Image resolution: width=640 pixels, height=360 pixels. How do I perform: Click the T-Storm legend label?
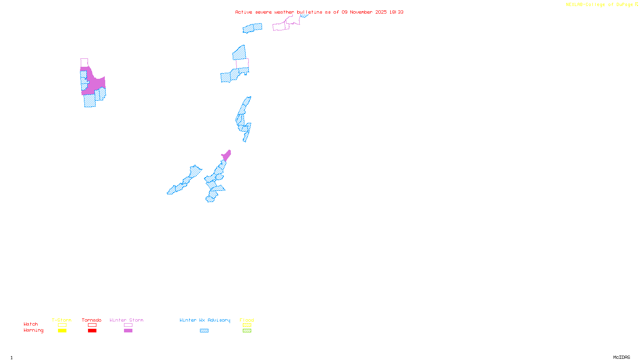(62, 320)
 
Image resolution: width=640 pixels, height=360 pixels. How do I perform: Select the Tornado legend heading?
(92, 320)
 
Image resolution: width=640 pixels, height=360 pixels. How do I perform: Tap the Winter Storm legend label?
(126, 320)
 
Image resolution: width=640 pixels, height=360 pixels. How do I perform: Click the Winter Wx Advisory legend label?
(205, 320)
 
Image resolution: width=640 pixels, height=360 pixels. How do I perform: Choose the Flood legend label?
(247, 320)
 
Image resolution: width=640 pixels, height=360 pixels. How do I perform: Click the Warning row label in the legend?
(33, 330)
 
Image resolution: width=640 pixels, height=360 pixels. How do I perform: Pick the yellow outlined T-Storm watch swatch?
(62, 325)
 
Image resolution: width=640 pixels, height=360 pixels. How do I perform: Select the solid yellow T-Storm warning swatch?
(62, 331)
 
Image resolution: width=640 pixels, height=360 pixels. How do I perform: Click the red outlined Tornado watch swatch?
(92, 325)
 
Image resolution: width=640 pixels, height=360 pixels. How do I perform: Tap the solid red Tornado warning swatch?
(92, 331)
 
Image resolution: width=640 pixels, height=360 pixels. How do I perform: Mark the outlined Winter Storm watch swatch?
(128, 325)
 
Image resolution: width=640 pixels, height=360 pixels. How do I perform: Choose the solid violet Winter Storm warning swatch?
(128, 331)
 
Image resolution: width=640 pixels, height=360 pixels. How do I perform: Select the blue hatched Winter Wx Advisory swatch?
(204, 331)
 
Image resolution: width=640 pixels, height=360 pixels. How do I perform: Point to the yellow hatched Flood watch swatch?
(247, 325)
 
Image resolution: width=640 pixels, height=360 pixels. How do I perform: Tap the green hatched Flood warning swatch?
(247, 331)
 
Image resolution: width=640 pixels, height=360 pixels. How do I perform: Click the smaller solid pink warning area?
(226, 155)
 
